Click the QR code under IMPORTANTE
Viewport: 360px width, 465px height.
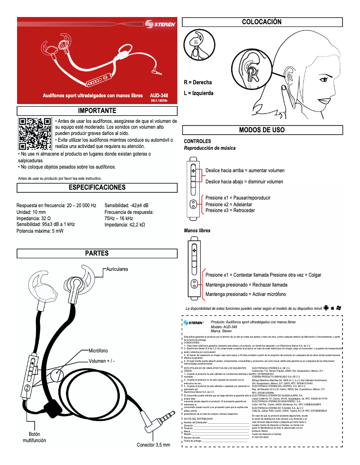[35, 134]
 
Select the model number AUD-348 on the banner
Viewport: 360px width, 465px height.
[159, 96]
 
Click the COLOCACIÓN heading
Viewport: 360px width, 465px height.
[262, 22]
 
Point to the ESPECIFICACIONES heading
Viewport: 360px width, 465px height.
[97, 187]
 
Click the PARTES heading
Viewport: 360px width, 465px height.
[97, 253]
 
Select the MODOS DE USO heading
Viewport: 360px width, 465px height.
[262, 130]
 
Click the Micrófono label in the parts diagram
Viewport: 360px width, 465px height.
[98, 351]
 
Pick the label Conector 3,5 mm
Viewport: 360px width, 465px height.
[154, 445]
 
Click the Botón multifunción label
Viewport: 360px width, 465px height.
[35, 438]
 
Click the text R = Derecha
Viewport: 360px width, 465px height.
[198, 83]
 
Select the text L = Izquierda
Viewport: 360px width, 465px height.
[199, 93]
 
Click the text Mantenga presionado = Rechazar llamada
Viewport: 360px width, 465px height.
[246, 285]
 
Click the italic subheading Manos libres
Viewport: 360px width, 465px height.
[197, 230]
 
